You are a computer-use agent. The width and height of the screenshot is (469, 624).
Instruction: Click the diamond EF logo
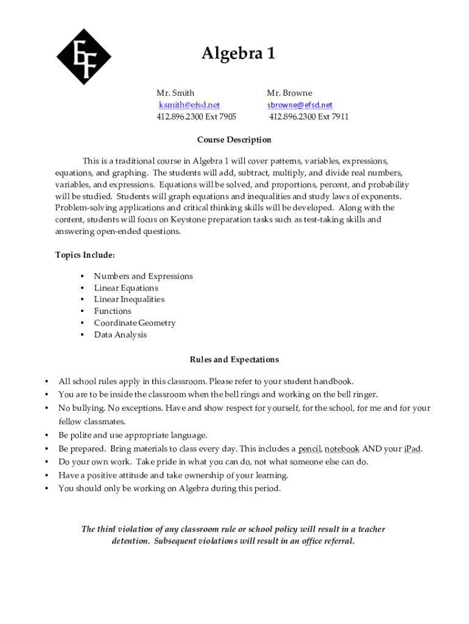[x=84, y=57]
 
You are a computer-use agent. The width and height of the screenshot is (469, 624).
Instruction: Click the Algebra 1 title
[x=238, y=54]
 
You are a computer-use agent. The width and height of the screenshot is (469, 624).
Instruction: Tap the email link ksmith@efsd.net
[x=189, y=105]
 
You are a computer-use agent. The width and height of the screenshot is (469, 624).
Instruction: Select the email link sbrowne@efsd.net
[x=300, y=105]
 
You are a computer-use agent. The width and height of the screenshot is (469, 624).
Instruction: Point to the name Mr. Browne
[x=289, y=93]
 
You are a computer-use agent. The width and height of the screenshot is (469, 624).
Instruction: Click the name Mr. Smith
[x=175, y=93]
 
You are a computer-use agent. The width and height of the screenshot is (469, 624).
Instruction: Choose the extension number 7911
[x=339, y=117]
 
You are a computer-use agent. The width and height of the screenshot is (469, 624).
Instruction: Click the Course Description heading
[x=234, y=140]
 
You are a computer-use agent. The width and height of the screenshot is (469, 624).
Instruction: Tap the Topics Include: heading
[x=85, y=255]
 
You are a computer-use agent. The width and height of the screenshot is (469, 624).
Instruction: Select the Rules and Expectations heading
[x=234, y=360]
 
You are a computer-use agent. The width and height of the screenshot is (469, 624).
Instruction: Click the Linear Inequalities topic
[x=129, y=300]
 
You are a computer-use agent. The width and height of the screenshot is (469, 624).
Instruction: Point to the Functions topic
[x=113, y=311]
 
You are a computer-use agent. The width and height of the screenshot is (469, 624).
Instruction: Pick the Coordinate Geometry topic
[x=135, y=323]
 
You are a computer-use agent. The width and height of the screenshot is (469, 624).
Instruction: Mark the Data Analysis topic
[x=121, y=335]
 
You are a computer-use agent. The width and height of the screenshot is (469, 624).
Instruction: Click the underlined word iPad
[x=412, y=449]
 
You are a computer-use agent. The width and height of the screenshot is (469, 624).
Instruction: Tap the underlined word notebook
[x=342, y=449]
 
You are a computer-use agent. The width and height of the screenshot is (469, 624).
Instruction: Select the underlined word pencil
[x=309, y=449]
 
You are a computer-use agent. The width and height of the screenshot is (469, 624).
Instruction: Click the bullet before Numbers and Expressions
[x=82, y=277]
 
